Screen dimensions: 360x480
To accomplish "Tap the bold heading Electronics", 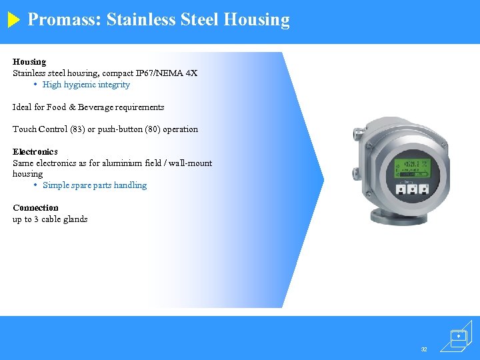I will (x=35, y=151).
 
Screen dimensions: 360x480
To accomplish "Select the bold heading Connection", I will (x=35, y=207).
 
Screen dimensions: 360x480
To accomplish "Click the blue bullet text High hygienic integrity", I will (x=86, y=85).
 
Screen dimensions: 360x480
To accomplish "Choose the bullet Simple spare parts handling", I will (x=95, y=185).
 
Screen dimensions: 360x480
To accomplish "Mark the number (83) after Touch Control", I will (x=79, y=129).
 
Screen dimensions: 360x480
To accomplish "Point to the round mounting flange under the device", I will (x=386, y=217).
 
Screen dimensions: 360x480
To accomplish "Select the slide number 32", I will (x=424, y=349).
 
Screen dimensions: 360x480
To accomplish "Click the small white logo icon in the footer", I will (x=459, y=337).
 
